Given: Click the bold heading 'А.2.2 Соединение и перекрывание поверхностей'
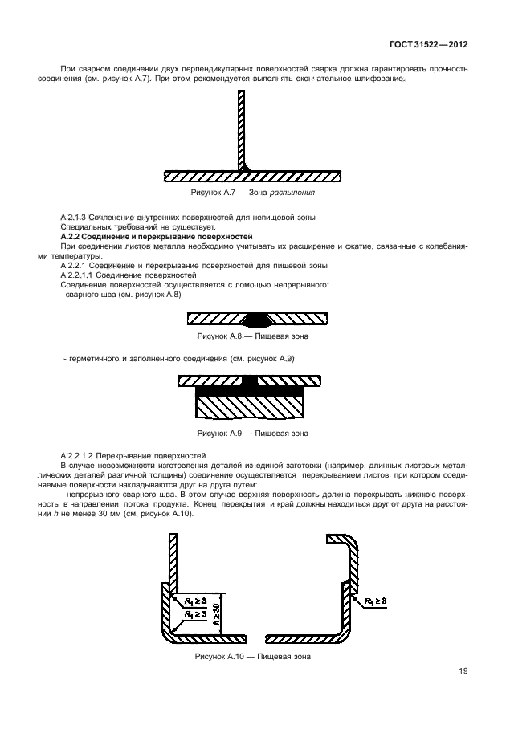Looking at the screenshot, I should click(x=157, y=238).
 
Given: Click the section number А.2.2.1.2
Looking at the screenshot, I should click(x=82, y=455).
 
